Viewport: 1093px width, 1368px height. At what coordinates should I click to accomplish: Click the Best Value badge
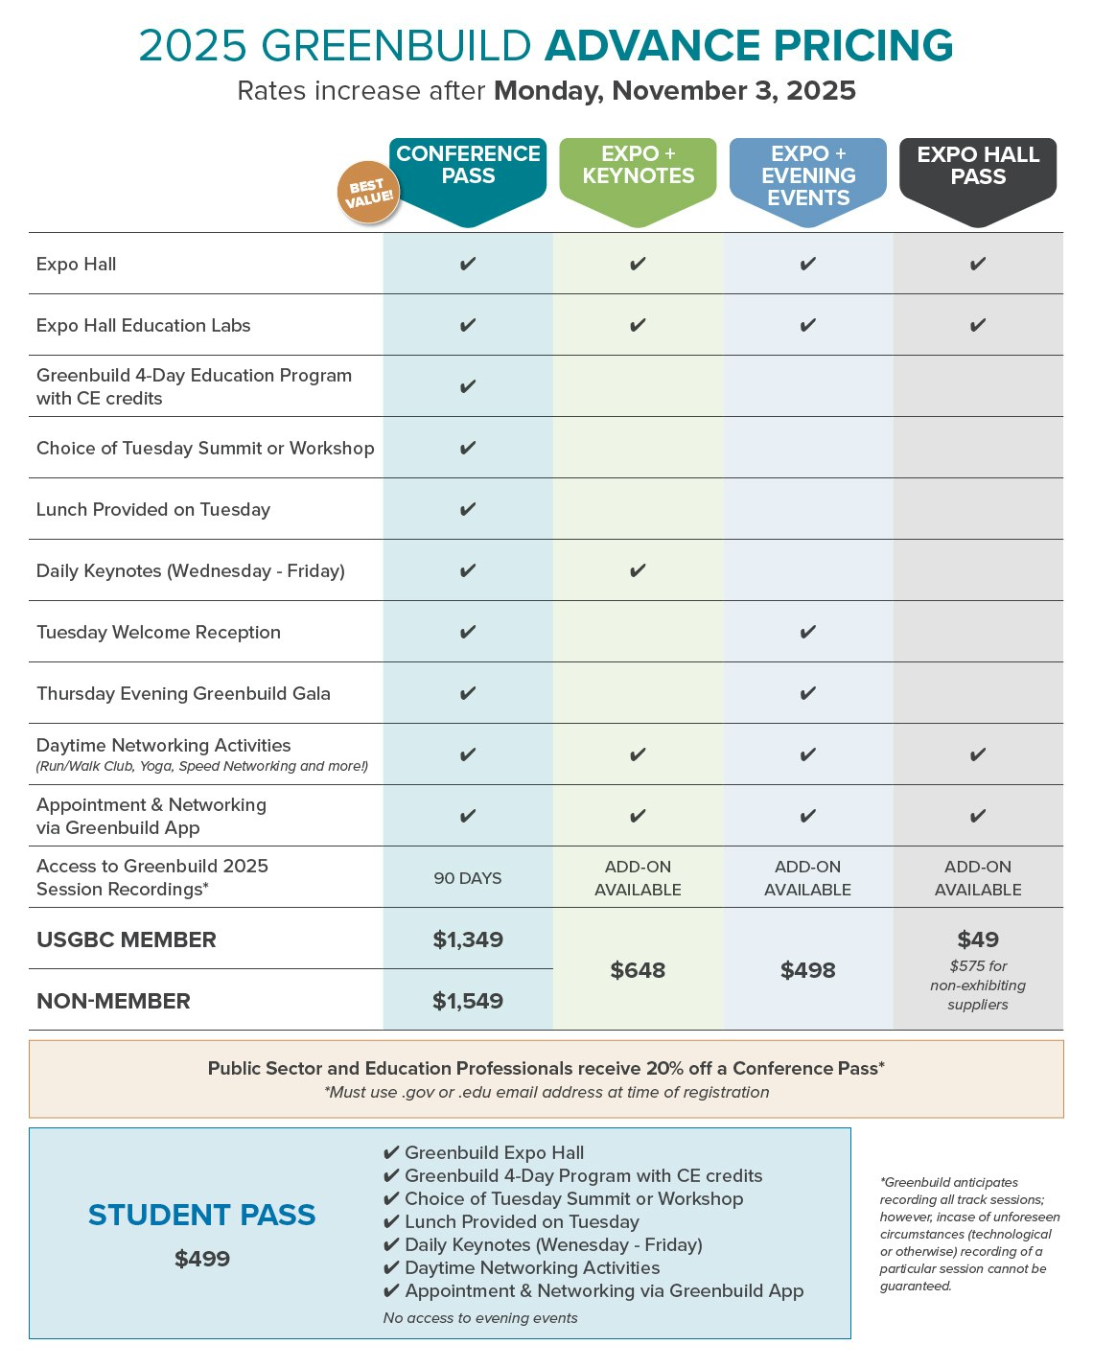tap(367, 192)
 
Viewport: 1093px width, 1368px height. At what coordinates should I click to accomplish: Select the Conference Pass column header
tap(468, 166)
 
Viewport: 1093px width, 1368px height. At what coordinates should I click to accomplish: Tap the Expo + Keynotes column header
tap(638, 166)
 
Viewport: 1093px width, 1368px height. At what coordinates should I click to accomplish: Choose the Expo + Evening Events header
tap(808, 175)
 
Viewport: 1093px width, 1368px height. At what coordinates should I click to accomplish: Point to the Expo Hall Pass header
tap(978, 166)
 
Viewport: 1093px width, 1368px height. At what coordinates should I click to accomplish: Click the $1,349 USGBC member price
tap(468, 939)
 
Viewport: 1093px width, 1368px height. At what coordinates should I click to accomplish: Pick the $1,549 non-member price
tap(468, 1001)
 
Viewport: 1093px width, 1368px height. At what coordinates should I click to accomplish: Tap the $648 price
tap(638, 970)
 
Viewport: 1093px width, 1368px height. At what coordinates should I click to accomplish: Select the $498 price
tap(808, 970)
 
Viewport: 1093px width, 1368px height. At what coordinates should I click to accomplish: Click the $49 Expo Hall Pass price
tap(978, 939)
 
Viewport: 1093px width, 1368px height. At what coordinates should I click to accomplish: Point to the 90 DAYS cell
tap(468, 878)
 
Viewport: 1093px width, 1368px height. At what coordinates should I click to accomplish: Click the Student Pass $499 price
tap(202, 1259)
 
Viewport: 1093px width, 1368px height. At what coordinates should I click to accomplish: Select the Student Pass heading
tap(202, 1215)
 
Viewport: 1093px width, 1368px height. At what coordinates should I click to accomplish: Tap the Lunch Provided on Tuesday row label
tap(153, 510)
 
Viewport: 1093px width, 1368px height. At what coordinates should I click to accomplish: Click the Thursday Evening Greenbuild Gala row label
tap(183, 694)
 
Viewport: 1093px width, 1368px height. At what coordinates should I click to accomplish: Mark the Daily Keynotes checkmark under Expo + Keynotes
tap(638, 571)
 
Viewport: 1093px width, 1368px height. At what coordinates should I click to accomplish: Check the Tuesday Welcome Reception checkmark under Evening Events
tap(808, 633)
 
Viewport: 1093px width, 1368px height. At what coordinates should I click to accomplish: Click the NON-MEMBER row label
tap(113, 1001)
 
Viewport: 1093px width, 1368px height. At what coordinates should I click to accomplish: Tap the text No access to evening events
tap(480, 1318)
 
